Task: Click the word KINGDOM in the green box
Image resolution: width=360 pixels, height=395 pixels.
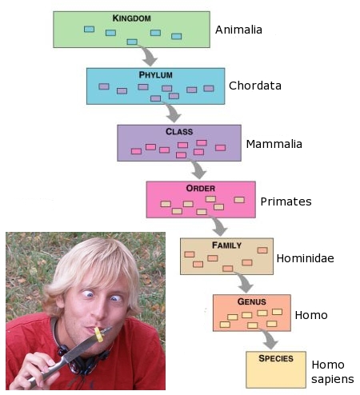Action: pyautogui.click(x=132, y=18)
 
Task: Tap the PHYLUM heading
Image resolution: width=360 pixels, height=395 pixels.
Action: pyautogui.click(x=155, y=75)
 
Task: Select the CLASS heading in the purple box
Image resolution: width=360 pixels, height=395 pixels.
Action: pyautogui.click(x=179, y=132)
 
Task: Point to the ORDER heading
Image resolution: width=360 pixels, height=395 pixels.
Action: pyautogui.click(x=201, y=189)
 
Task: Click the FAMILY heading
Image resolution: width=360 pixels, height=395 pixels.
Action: pyautogui.click(x=227, y=245)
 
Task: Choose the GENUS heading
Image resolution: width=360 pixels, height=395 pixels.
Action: pyautogui.click(x=252, y=301)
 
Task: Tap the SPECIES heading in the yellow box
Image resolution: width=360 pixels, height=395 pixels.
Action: pyautogui.click(x=276, y=358)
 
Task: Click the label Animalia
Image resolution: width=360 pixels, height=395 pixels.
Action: pyautogui.click(x=238, y=30)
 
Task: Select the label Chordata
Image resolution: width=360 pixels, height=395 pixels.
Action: pyautogui.click(x=255, y=86)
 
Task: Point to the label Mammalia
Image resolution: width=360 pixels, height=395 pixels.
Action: pyautogui.click(x=274, y=144)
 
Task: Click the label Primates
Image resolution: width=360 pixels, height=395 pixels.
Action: pyautogui.click(x=286, y=201)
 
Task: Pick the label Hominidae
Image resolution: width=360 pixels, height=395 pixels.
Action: pyautogui.click(x=306, y=258)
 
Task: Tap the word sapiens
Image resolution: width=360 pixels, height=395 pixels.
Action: pyautogui.click(x=333, y=379)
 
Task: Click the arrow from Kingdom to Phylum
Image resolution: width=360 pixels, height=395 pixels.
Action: pyautogui.click(x=150, y=54)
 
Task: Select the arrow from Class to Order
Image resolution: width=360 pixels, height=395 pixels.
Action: pyautogui.click(x=198, y=168)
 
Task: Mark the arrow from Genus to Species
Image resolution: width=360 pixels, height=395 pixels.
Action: pyautogui.click(x=270, y=338)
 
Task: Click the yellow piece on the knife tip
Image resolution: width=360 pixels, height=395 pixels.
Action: pyautogui.click(x=98, y=334)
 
